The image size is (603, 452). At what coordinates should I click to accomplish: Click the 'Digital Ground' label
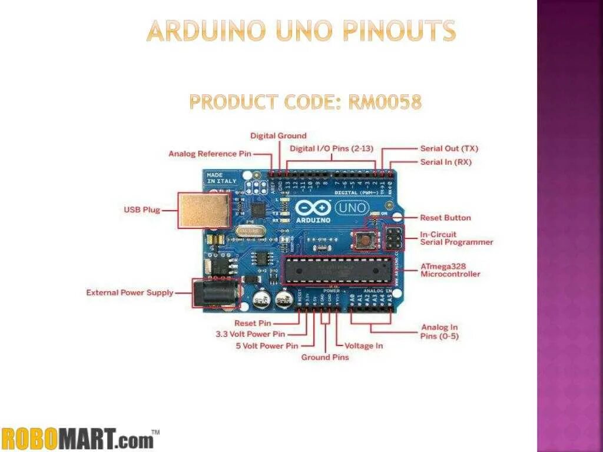[x=279, y=136]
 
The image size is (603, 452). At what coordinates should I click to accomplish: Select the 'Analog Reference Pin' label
[x=210, y=154]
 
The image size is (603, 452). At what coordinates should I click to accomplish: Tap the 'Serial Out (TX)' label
[x=449, y=149]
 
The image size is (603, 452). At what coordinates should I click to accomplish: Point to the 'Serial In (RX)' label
[x=446, y=162]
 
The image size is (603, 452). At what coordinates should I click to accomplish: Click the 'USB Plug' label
[x=142, y=210]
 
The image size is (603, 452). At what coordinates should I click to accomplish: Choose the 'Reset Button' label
[x=445, y=218]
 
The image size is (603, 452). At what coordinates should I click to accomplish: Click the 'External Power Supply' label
[x=130, y=293]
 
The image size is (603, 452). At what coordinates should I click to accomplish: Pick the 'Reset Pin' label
[x=253, y=323]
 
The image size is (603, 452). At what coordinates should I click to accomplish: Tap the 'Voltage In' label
[x=363, y=346]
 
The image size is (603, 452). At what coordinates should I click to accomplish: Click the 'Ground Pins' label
[x=325, y=357]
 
